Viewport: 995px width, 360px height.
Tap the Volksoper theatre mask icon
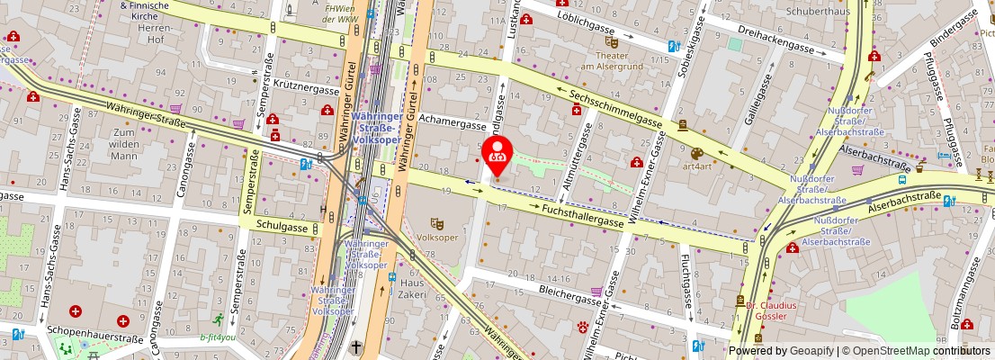437,223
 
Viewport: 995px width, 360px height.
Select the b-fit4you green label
217,338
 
